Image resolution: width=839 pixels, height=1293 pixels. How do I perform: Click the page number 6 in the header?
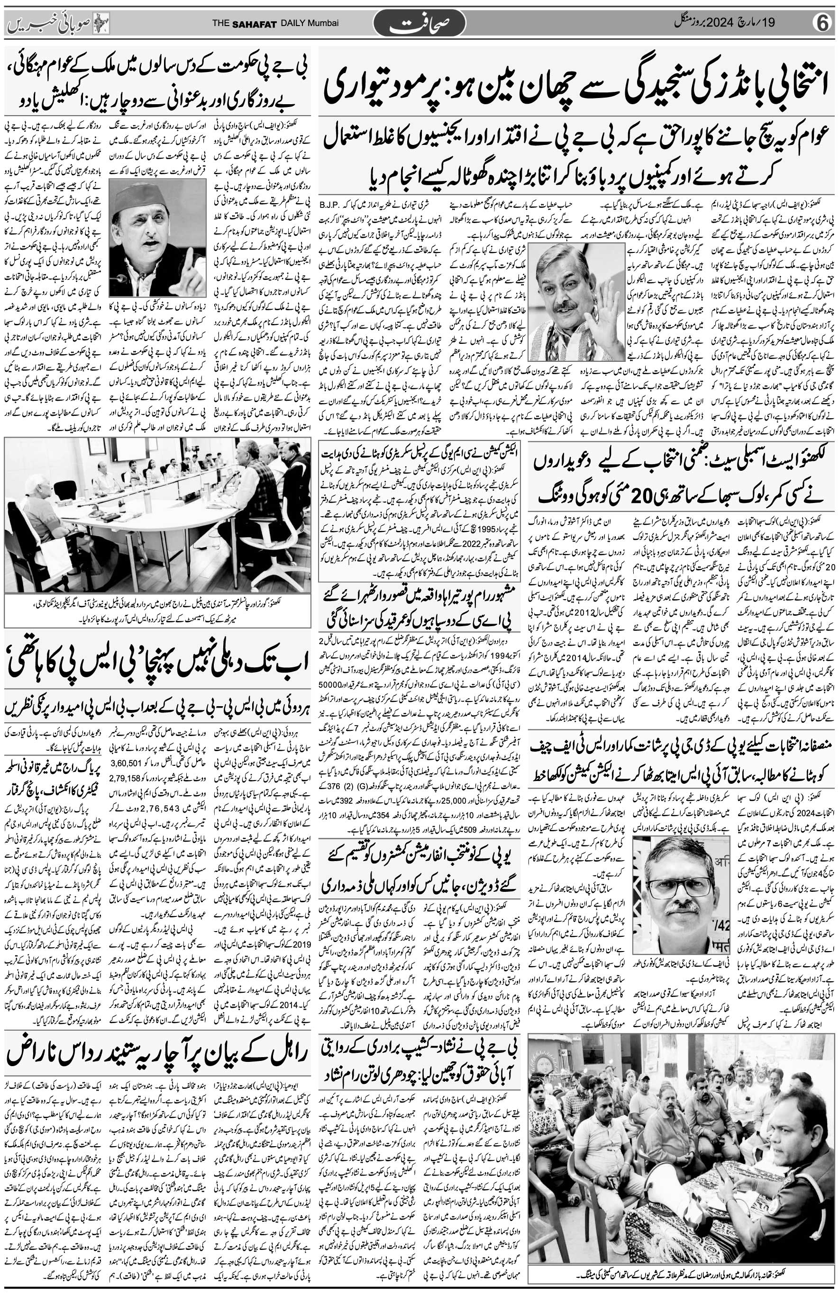pyautogui.click(x=823, y=23)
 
